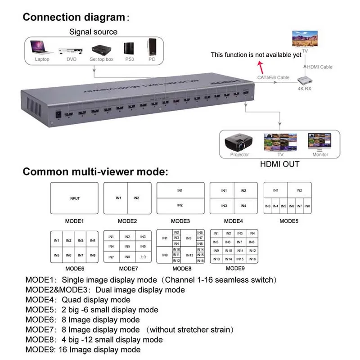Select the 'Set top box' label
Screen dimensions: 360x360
101,59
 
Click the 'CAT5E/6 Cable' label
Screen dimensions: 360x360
273,77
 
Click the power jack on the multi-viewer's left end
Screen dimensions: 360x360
58,114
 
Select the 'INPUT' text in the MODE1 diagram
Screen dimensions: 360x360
75,198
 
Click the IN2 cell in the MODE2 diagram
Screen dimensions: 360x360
136,198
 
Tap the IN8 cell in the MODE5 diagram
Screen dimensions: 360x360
307,206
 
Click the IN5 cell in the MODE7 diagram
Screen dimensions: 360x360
127,247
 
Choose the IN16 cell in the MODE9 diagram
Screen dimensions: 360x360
252,259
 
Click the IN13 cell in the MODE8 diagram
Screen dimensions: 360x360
189,255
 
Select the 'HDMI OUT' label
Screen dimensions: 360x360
279,164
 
